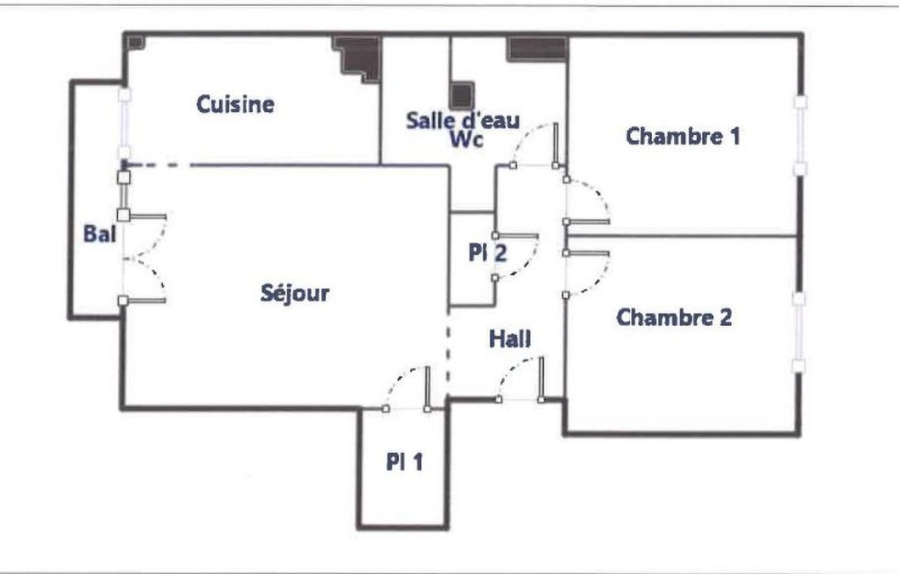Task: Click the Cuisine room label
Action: pos(235,104)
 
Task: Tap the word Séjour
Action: pos(295,293)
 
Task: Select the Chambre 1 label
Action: pos(683,136)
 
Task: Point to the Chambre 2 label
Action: pos(674,317)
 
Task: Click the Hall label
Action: pos(510,339)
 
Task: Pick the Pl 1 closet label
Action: pos(405,462)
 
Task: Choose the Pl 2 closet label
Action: pos(488,253)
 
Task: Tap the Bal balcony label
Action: pos(99,234)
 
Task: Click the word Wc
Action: pos(466,139)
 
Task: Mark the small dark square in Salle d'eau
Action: pos(462,95)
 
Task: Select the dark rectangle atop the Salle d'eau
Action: pos(537,49)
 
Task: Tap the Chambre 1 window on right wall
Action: pos(800,135)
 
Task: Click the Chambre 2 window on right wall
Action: pos(798,332)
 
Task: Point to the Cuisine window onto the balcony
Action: pos(124,124)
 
